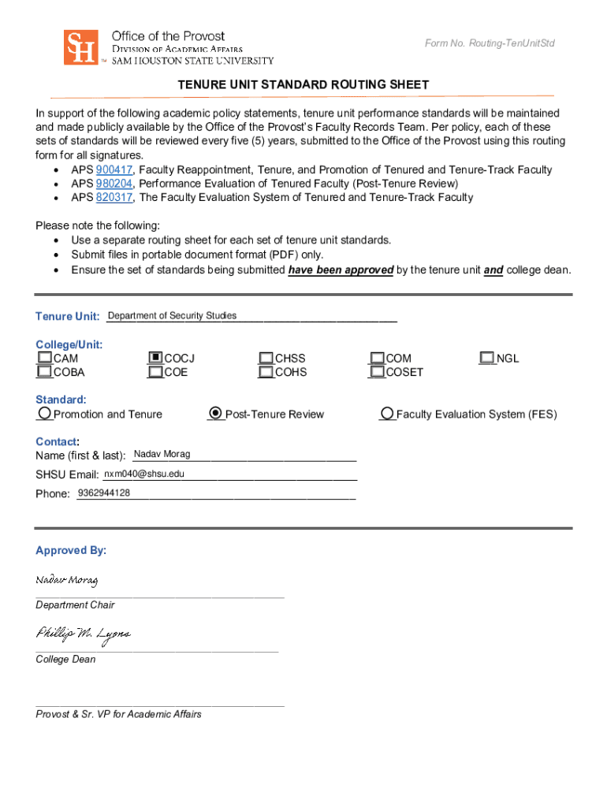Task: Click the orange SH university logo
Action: [80, 47]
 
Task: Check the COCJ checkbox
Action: [155, 358]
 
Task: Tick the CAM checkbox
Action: [44, 358]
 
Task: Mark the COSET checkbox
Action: [378, 372]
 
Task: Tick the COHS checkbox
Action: [266, 372]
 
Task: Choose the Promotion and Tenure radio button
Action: [45, 414]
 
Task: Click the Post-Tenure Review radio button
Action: [216, 414]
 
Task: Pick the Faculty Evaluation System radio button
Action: [387, 414]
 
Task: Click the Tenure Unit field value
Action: [172, 316]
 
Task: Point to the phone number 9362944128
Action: [103, 493]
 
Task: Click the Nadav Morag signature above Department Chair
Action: [66, 582]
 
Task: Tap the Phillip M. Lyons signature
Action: [82, 634]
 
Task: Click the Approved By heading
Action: [70, 550]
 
